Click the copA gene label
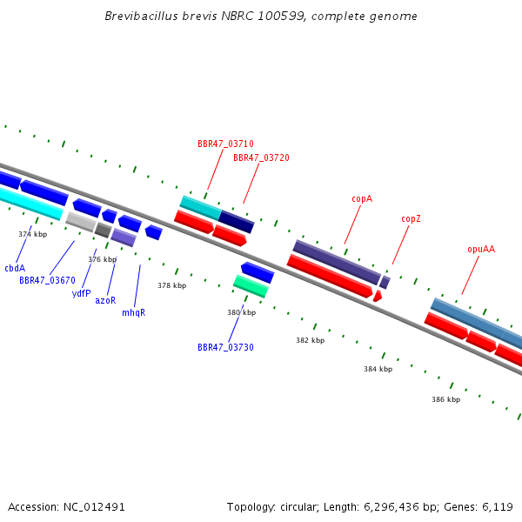(x=362, y=198)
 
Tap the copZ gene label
(x=411, y=218)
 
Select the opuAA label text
(x=481, y=249)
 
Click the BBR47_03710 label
(x=225, y=144)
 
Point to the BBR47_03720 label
(x=261, y=157)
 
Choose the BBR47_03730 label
(x=225, y=347)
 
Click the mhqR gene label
(x=133, y=312)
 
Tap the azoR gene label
(x=105, y=300)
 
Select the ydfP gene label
(x=81, y=293)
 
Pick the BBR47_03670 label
(x=47, y=280)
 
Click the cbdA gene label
(x=15, y=268)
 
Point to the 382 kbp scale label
(x=311, y=340)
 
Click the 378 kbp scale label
(x=171, y=285)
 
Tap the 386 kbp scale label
(x=445, y=399)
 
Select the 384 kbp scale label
(x=378, y=369)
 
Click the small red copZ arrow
(x=378, y=296)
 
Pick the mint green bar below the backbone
(x=251, y=286)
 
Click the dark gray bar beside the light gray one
(x=103, y=230)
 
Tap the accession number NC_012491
(x=94, y=507)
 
